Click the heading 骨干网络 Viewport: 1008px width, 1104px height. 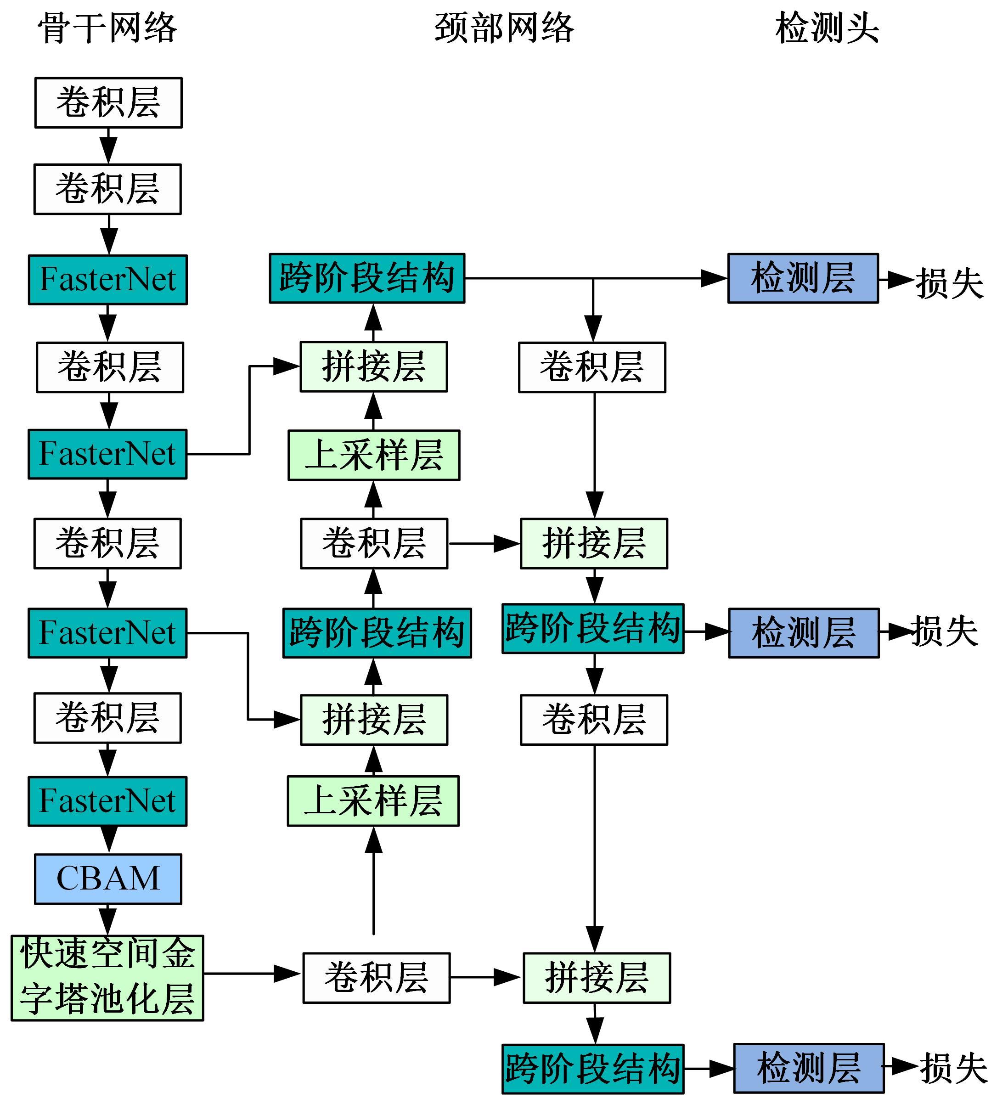[x=107, y=28]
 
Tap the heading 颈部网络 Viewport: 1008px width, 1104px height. [x=504, y=28]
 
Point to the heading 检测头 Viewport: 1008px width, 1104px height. [x=827, y=28]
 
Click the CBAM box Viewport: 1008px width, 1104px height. [x=108, y=879]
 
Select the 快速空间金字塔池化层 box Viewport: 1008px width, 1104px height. [x=107, y=978]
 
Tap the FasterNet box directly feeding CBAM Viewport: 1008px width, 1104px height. [x=107, y=801]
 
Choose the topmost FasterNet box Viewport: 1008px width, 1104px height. [x=108, y=279]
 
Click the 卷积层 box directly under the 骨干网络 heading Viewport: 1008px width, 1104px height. [x=108, y=103]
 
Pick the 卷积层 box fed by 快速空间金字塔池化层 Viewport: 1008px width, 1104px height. [x=376, y=978]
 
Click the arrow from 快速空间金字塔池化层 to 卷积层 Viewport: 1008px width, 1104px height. [x=252, y=974]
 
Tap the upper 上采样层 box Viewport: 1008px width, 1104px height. [x=373, y=455]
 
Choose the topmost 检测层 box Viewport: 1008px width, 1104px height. [x=803, y=278]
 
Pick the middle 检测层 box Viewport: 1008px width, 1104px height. [x=803, y=632]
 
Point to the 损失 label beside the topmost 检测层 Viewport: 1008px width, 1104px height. [x=949, y=283]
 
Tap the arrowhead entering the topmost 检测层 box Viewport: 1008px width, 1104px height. [x=715, y=278]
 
